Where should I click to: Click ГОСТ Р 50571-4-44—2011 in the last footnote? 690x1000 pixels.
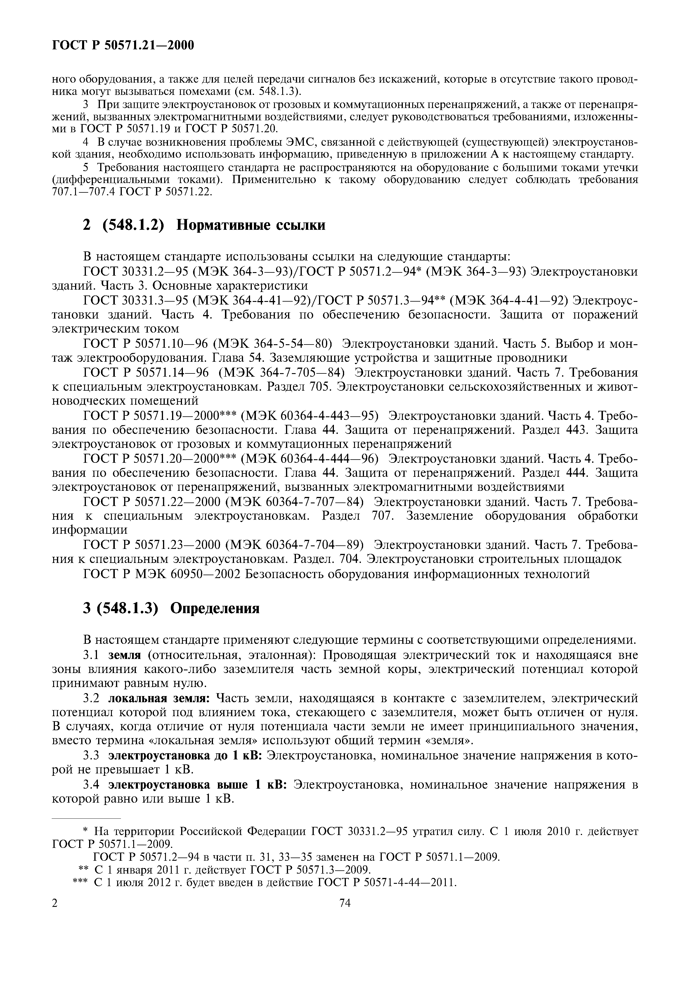(x=387, y=882)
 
